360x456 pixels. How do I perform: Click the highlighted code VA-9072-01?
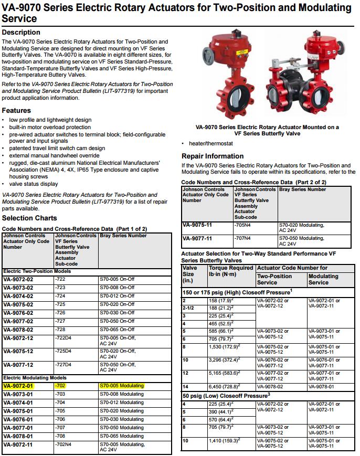click(18, 386)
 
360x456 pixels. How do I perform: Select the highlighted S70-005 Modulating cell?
click(121, 386)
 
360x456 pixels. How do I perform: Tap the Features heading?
click(16, 110)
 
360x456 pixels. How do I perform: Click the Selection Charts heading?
click(29, 218)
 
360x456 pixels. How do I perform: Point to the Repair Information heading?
click(213, 156)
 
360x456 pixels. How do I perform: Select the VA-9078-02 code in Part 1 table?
click(18, 330)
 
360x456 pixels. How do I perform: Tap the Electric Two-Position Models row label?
click(37, 271)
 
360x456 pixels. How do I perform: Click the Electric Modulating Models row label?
click(35, 377)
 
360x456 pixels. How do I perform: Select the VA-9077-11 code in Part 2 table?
click(197, 238)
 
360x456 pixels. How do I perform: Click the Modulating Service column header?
click(323, 279)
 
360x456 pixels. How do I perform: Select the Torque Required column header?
click(231, 271)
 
